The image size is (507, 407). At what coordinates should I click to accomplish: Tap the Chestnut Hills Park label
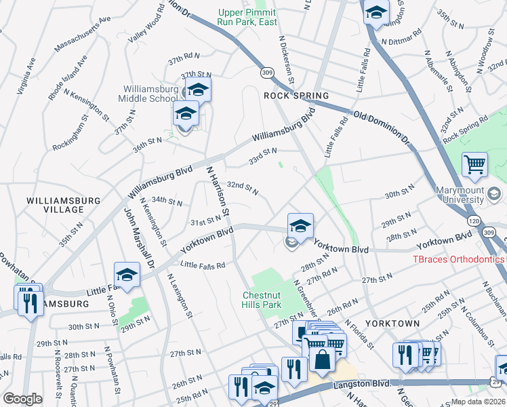pyautogui.click(x=266, y=300)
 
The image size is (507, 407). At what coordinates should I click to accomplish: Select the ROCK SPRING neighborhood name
pyautogui.click(x=296, y=96)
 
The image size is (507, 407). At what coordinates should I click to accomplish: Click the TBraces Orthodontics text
pyautogui.click(x=460, y=260)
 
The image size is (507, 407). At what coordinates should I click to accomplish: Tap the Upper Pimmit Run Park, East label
pyautogui.click(x=247, y=17)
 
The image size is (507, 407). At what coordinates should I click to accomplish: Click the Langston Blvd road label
pyautogui.click(x=363, y=384)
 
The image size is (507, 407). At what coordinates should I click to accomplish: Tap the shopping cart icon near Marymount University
pyautogui.click(x=474, y=163)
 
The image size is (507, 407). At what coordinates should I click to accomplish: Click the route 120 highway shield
pyautogui.click(x=473, y=221)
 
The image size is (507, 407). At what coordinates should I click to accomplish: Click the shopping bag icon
pyautogui.click(x=322, y=358)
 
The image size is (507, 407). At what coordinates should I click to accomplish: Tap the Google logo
pyautogui.click(x=23, y=398)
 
